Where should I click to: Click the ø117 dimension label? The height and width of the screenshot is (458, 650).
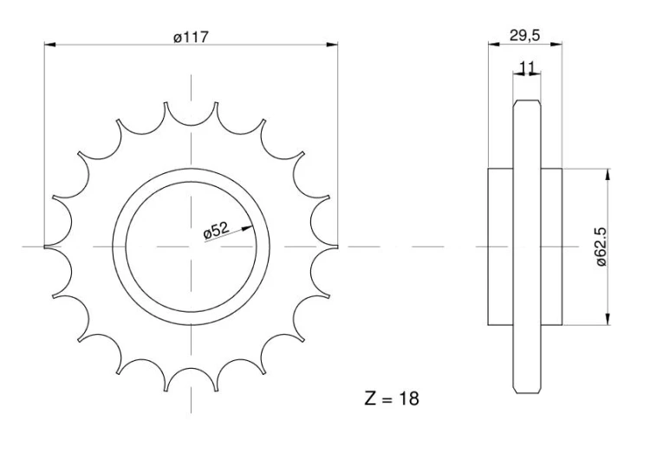pyautogui.click(x=191, y=37)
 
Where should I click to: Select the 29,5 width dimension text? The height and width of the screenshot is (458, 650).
pyautogui.click(x=525, y=35)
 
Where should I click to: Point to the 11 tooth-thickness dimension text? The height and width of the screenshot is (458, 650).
pyautogui.click(x=526, y=67)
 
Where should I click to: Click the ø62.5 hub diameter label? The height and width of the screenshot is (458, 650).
pyautogui.click(x=601, y=247)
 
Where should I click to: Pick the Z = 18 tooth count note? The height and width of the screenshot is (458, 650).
pyautogui.click(x=392, y=399)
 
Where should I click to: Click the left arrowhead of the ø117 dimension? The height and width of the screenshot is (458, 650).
pyautogui.click(x=49, y=44)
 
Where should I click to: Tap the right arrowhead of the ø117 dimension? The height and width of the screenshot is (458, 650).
pyautogui.click(x=332, y=44)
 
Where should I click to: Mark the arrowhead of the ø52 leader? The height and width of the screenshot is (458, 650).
pyautogui.click(x=247, y=228)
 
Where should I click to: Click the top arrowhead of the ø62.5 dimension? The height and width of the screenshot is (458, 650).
pyautogui.click(x=608, y=174)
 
